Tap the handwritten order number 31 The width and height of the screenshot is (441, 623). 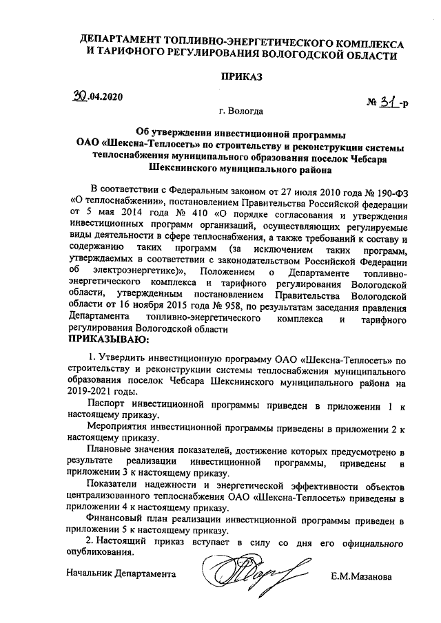[391, 104]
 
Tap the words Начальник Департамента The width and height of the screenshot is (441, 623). [121, 573]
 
